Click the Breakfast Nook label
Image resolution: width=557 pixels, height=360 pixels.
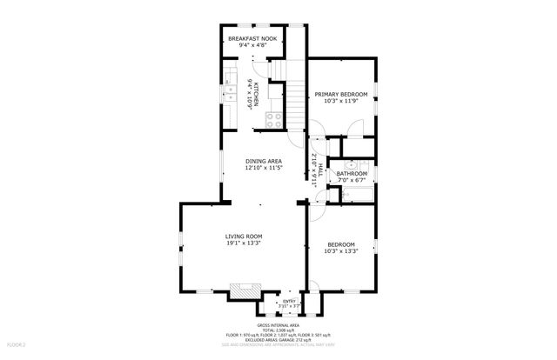pos(253,40)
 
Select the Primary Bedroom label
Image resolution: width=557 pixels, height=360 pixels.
pos(341,94)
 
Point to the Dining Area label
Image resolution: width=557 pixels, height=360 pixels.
pos(263,161)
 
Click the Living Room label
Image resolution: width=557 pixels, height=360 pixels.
pos(244,237)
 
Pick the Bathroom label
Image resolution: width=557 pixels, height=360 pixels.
pos(352,174)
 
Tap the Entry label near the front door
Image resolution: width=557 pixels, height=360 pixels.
pos(289,302)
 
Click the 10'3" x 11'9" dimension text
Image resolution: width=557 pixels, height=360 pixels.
pos(341,102)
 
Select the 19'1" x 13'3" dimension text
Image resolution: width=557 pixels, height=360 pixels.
pos(244,244)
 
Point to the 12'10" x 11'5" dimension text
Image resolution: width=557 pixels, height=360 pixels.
pos(263,169)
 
